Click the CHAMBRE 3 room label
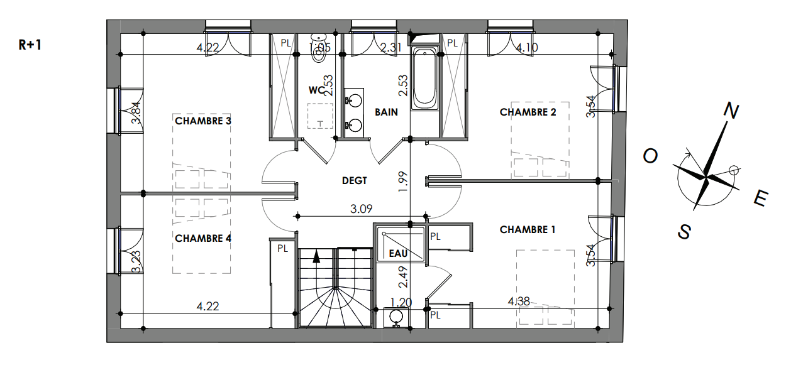point(203,121)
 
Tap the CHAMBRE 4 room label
point(203,239)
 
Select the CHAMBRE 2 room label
point(528,112)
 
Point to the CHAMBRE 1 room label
point(528,230)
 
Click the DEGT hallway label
point(355,181)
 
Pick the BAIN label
point(386,112)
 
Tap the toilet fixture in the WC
point(319,48)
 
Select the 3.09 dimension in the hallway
point(361,209)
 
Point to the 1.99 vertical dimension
point(404,182)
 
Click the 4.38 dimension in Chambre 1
point(519,302)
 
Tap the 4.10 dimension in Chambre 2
point(527,47)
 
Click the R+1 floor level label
point(30,45)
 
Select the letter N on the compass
point(731,111)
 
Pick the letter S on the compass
point(684,231)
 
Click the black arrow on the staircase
point(316,257)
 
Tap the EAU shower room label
point(398,254)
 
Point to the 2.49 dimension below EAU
point(404,277)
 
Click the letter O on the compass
point(650,156)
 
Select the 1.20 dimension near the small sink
point(401,302)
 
